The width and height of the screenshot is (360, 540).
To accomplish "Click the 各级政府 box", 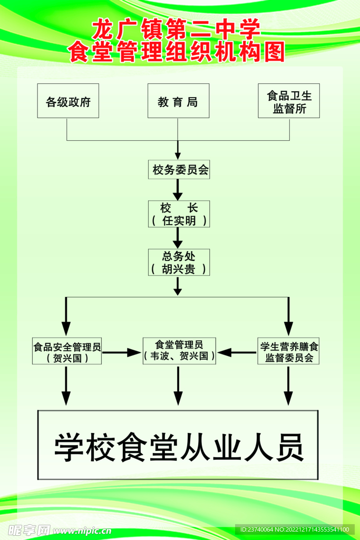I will tap(68, 101).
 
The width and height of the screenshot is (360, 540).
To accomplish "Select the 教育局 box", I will tap(178, 101).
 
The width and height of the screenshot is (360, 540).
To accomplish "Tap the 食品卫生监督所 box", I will tap(289, 101).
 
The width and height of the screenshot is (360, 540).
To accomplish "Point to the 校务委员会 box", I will tap(178, 170).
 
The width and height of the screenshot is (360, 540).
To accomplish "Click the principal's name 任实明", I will tap(179, 221).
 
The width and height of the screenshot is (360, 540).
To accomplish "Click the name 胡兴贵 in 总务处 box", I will tap(179, 269).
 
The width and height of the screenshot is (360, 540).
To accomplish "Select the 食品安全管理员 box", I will tap(67, 352).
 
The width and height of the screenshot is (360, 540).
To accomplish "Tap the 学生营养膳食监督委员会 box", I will tap(289, 352).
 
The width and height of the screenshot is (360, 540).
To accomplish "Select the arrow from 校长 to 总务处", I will tap(178, 238).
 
